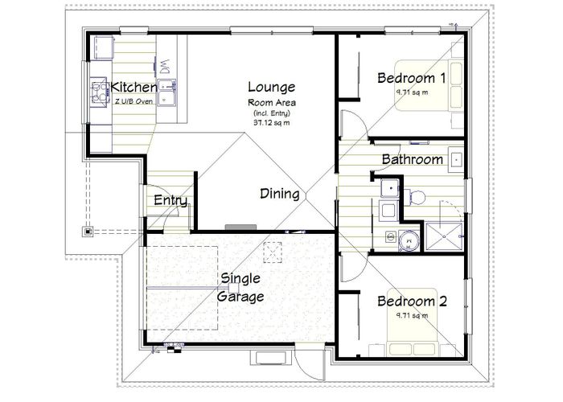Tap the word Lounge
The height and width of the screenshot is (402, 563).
pyautogui.click(x=271, y=87)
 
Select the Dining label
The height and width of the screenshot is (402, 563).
pyautogui.click(x=280, y=194)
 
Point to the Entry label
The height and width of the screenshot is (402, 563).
pyautogui.click(x=170, y=200)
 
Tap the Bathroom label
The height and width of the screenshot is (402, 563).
pyautogui.click(x=412, y=159)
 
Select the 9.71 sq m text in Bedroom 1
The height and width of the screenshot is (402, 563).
pyautogui.click(x=411, y=92)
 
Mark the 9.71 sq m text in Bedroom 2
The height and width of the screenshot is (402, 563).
pyautogui.click(x=411, y=315)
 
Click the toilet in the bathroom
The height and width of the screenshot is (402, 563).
pyautogui.click(x=417, y=195)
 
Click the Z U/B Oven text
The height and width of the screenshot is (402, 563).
pyautogui.click(x=134, y=101)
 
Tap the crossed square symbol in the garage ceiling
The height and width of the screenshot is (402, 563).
pyautogui.click(x=274, y=252)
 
